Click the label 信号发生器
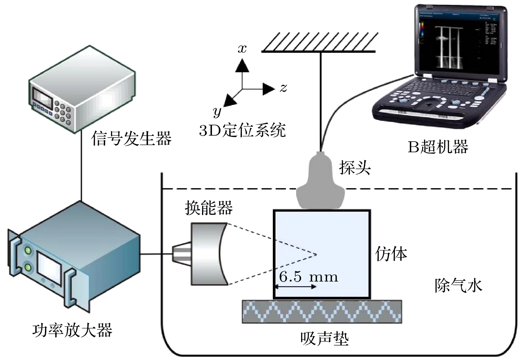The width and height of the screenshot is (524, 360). pos(131,138)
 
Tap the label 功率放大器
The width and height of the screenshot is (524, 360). pos(72,330)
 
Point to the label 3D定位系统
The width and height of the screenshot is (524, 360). pos(242,131)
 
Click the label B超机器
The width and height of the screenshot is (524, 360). pos(438,147)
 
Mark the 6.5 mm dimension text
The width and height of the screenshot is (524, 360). pos(308,277)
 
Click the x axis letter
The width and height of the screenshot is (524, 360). pos(242,49)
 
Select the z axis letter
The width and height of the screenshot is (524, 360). pos(283,88)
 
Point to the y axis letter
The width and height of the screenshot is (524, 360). pos(217,112)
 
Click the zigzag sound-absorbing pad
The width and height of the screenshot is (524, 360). pos(322,312)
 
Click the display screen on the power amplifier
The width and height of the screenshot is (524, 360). pos(49,268)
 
